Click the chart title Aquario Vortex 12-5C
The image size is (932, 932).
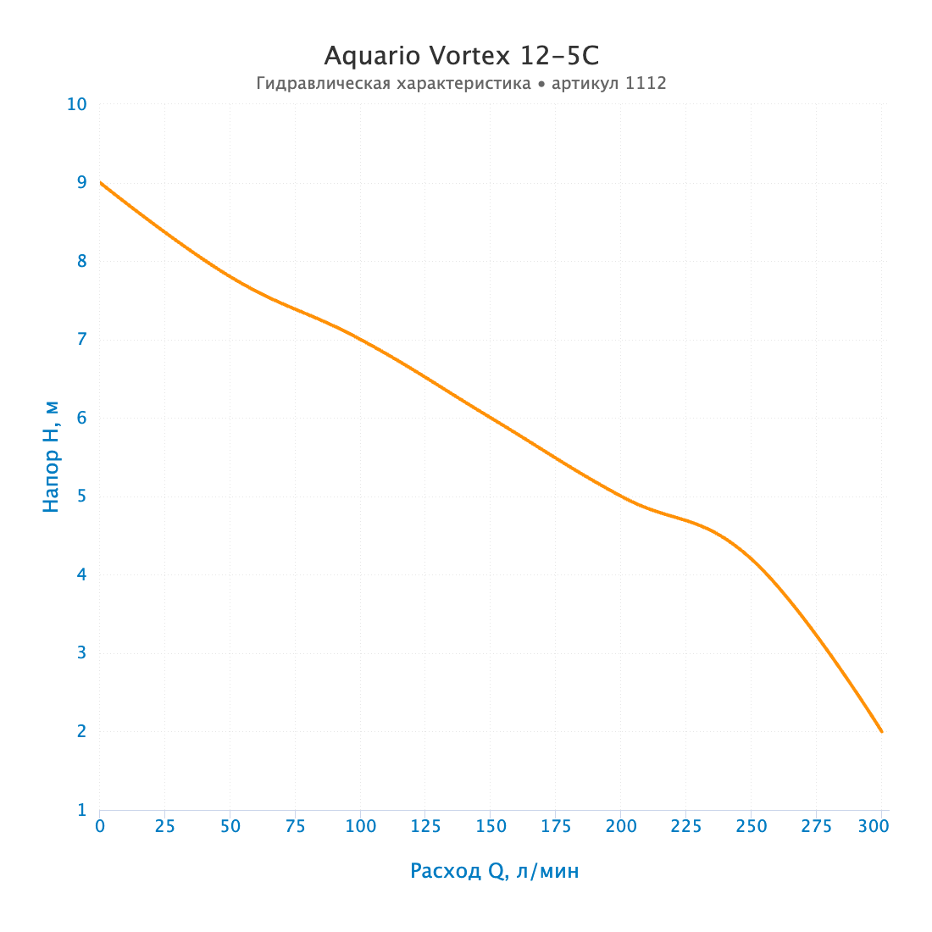(x=461, y=57)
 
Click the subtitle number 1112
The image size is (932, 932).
(x=646, y=83)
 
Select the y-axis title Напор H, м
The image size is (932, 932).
(x=51, y=457)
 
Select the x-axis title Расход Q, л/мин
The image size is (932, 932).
(x=495, y=871)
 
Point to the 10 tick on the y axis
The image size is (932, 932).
(x=76, y=104)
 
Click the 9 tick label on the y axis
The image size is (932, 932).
(x=82, y=182)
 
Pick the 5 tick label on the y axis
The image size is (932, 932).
(x=82, y=496)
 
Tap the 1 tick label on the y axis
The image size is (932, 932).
(x=82, y=809)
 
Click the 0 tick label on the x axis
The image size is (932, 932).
(x=100, y=826)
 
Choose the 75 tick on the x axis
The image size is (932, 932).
(x=296, y=826)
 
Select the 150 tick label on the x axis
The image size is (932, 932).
(x=491, y=826)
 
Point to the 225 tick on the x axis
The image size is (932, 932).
(x=686, y=826)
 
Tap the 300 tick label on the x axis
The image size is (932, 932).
(x=874, y=826)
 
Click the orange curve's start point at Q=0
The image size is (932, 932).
(x=100, y=182)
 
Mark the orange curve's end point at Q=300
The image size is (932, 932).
(x=881, y=732)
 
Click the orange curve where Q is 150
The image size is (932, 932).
(x=491, y=418)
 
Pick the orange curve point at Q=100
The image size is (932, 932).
(x=360, y=340)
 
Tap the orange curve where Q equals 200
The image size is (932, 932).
(x=621, y=497)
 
